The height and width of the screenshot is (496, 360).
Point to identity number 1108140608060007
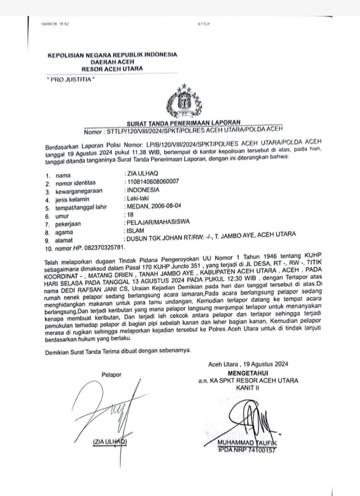(153, 181)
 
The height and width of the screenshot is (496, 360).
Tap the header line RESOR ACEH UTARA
(112, 68)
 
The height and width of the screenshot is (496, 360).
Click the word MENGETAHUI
(249, 373)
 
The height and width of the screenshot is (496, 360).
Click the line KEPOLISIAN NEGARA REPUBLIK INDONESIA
(112, 55)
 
